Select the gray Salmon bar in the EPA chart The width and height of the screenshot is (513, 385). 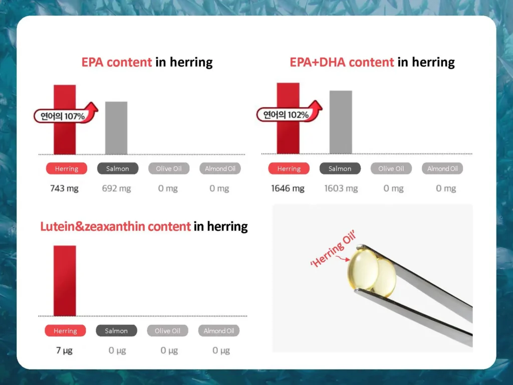tap(116, 128)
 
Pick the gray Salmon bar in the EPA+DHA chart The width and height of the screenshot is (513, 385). tap(341, 122)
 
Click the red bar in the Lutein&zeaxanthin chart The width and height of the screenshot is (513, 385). tap(65, 281)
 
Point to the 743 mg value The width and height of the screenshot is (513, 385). tap(64, 188)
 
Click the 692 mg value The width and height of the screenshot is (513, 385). tap(116, 188)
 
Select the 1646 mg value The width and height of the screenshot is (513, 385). tap(288, 188)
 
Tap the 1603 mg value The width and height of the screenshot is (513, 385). tap(341, 188)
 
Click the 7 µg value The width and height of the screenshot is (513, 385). tap(64, 350)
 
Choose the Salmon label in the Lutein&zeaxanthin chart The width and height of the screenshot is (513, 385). tap(116, 331)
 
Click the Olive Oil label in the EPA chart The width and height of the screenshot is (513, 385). tap(169, 168)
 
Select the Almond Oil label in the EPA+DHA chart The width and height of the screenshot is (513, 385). tap(442, 168)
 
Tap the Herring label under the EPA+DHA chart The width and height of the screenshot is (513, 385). tap(289, 168)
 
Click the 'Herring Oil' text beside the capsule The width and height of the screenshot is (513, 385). tap(333, 249)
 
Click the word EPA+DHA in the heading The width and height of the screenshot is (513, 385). tap(342, 62)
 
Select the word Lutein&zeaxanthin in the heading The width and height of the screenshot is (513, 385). tap(116, 226)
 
